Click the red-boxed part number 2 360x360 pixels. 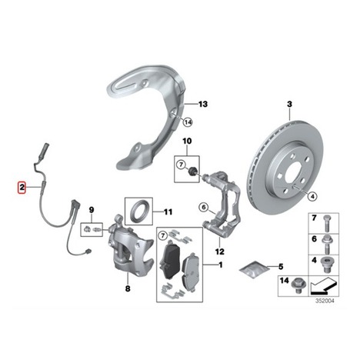(22, 188)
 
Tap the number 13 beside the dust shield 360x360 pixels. (203, 104)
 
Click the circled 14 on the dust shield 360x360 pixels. (188, 122)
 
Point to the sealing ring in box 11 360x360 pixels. (139, 211)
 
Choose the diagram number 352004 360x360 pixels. (325, 301)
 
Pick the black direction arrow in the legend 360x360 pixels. (323, 286)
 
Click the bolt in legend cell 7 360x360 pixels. (326, 224)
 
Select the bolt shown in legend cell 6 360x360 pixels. (326, 244)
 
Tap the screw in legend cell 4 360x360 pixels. (326, 265)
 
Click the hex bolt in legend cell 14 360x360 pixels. (298, 285)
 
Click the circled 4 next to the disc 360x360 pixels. (312, 196)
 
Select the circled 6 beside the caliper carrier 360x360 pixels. (203, 207)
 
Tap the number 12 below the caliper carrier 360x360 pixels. (219, 252)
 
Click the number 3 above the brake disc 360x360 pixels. (289, 104)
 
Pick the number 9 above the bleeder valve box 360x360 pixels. (92, 210)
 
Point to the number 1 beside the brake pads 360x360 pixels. (221, 265)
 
